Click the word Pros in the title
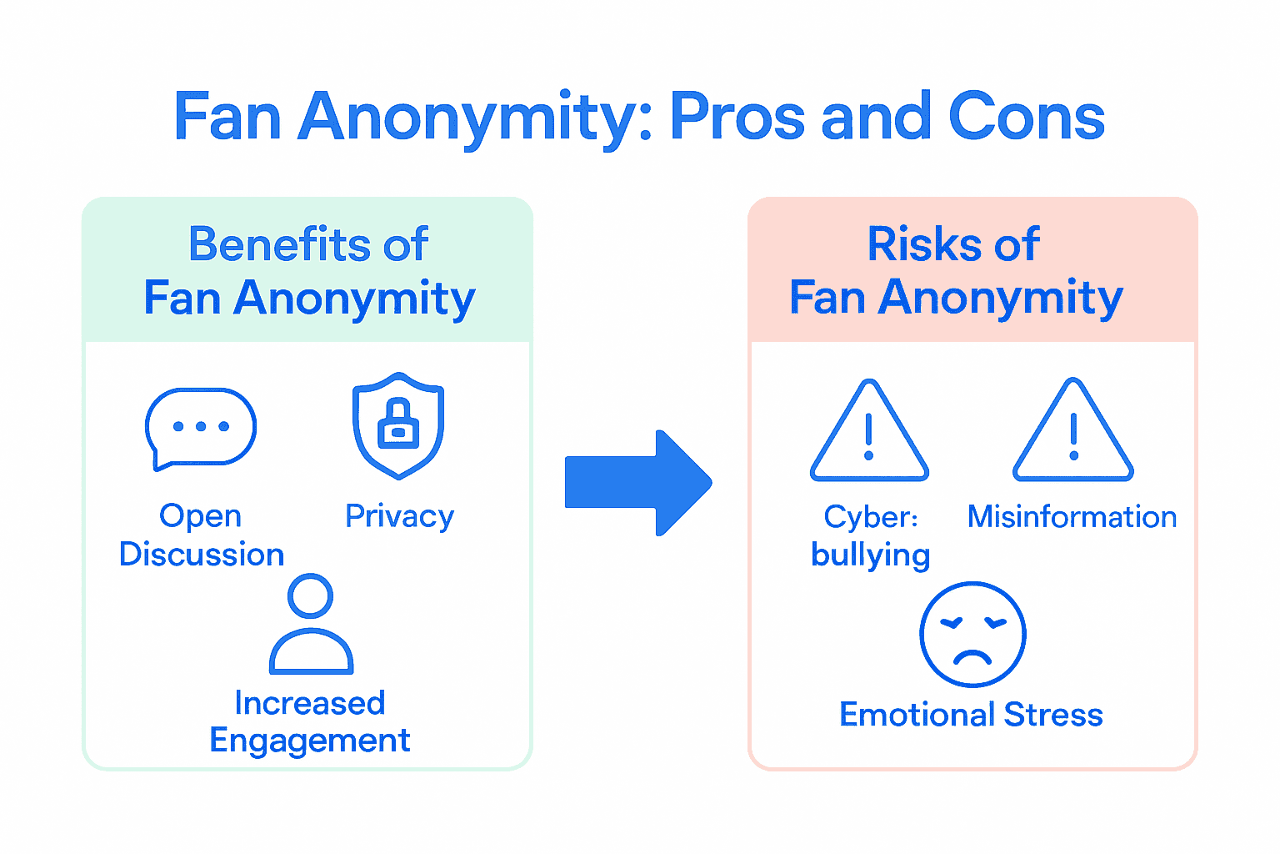point(737,118)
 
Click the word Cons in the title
point(1026,118)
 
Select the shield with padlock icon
point(398,425)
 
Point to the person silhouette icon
point(311,625)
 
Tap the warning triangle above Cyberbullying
point(869,433)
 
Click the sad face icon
point(972,635)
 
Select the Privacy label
point(399,517)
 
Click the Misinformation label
point(1072,517)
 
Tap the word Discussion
point(202,555)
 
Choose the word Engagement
point(310,741)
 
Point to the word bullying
point(870,555)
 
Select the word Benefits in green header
point(279,245)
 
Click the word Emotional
point(917,715)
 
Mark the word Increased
point(310,703)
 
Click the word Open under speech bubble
point(200,516)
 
